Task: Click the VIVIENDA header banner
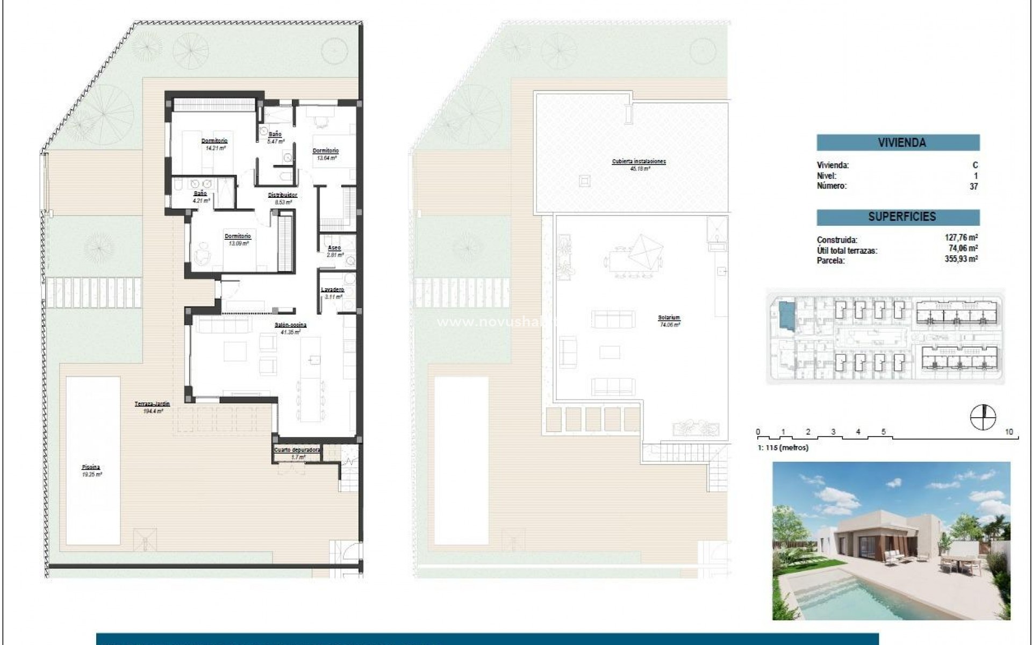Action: [x=898, y=142]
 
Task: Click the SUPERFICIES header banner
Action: [x=898, y=217]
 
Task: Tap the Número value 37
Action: [x=973, y=187]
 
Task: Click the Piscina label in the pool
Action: [x=91, y=468]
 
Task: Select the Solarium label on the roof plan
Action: [x=669, y=318]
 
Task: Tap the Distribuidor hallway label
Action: [x=283, y=195]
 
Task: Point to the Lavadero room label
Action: [x=332, y=290]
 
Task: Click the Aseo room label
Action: [x=334, y=248]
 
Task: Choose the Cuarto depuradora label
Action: [x=297, y=450]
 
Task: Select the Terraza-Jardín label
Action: [x=152, y=404]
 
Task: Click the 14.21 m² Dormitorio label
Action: [x=214, y=141]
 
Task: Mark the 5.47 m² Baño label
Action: [x=275, y=134]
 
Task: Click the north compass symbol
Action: [x=983, y=417]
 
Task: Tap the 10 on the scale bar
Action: [x=1009, y=432]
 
